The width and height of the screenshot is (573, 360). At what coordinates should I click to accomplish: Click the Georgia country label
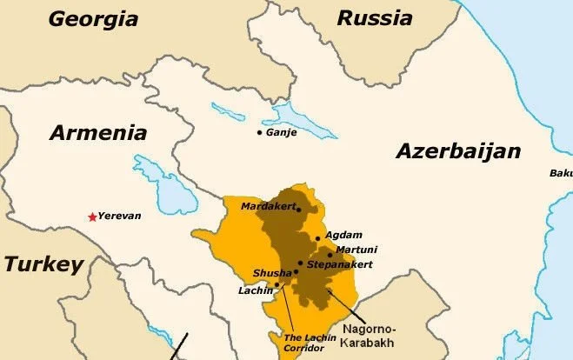coord(93,18)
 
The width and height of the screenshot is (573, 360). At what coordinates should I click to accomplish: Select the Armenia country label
coord(98,133)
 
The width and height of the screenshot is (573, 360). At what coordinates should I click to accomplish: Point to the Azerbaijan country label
coord(458,151)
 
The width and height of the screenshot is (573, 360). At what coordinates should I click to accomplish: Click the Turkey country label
coord(42,264)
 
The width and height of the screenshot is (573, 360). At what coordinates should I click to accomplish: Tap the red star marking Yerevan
coord(92,216)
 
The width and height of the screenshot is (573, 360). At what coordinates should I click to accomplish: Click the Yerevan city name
coord(119,216)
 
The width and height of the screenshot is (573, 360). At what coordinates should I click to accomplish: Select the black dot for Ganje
coord(259,132)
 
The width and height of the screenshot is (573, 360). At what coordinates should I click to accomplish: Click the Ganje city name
coord(281,132)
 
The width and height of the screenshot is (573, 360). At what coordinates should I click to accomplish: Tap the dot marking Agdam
coord(318,237)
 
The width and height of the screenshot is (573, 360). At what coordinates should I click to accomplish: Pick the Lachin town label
coord(256,290)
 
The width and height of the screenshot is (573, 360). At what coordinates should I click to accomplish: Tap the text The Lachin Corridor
coord(303,343)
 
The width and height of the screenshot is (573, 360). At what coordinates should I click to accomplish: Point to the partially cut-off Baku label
coord(561,173)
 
